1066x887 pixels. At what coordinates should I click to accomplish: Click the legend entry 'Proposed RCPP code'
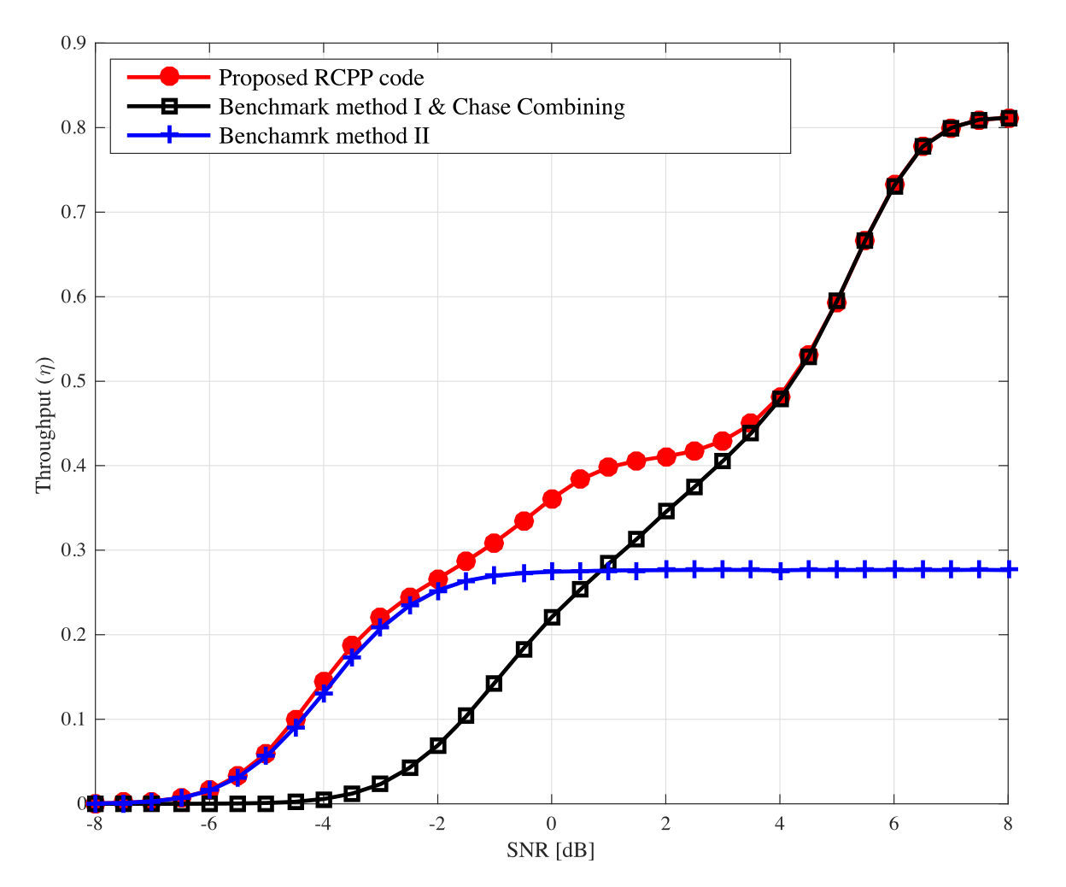point(321,78)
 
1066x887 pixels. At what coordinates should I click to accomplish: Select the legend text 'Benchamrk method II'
point(324,136)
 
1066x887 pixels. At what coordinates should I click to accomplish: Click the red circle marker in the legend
point(169,77)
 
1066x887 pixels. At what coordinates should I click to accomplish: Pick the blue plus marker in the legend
point(169,135)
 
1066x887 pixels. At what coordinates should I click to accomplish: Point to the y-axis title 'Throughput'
point(44,424)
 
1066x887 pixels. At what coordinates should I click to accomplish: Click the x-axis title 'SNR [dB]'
point(550,850)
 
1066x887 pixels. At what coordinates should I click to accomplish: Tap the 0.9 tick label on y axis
point(73,43)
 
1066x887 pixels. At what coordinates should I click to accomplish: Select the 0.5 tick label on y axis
point(73,381)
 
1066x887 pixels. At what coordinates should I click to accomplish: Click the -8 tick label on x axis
point(94,825)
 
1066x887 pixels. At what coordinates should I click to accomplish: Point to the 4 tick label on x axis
point(779,825)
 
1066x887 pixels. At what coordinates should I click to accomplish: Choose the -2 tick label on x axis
point(436,825)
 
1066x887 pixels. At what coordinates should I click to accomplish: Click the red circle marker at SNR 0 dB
point(552,499)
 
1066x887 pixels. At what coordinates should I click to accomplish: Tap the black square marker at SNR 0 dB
point(552,617)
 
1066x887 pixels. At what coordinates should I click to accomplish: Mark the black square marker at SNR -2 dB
point(437,745)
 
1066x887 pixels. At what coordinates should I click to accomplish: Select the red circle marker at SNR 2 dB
point(666,457)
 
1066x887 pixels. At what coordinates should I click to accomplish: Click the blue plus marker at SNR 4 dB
point(780,571)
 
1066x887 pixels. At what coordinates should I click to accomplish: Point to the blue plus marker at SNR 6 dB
point(894,569)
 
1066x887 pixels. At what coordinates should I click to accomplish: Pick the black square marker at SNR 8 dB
point(1008,118)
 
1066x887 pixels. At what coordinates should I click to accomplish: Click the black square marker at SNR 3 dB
point(723,461)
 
